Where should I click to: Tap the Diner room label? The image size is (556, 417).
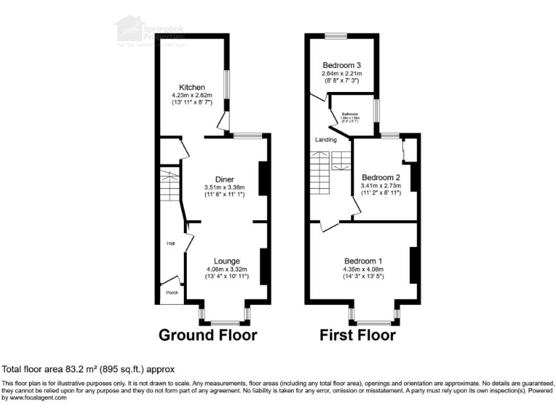(x=224, y=180)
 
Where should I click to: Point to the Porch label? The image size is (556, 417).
(x=172, y=292)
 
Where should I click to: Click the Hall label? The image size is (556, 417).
(x=171, y=243)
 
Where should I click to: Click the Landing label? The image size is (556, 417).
(x=325, y=140)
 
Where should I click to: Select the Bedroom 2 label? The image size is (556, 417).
(x=381, y=177)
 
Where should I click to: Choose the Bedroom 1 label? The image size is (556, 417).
(x=363, y=261)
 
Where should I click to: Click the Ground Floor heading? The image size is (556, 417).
(x=208, y=335)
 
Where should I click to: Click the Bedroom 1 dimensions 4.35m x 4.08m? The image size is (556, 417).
(x=364, y=269)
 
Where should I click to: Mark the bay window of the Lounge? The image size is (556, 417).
(x=226, y=316)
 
